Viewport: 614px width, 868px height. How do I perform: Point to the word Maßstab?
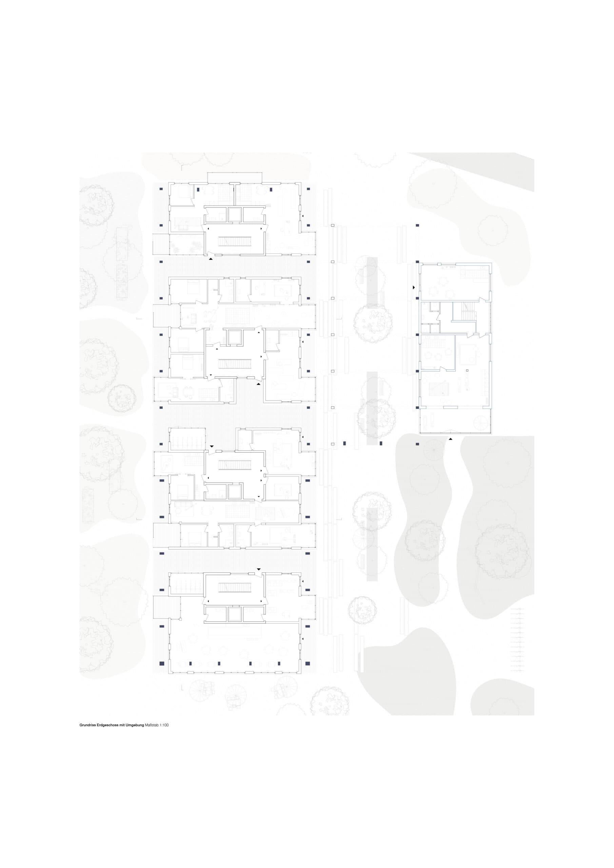152,725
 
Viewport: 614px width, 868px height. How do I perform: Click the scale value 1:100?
164,725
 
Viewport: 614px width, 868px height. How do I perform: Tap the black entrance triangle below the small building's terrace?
450,439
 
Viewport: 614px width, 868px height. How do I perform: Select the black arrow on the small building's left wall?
414,288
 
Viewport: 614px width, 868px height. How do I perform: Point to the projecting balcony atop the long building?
235,177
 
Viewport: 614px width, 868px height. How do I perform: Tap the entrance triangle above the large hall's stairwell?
259,569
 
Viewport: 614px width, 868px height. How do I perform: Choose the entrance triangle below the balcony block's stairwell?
211,259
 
